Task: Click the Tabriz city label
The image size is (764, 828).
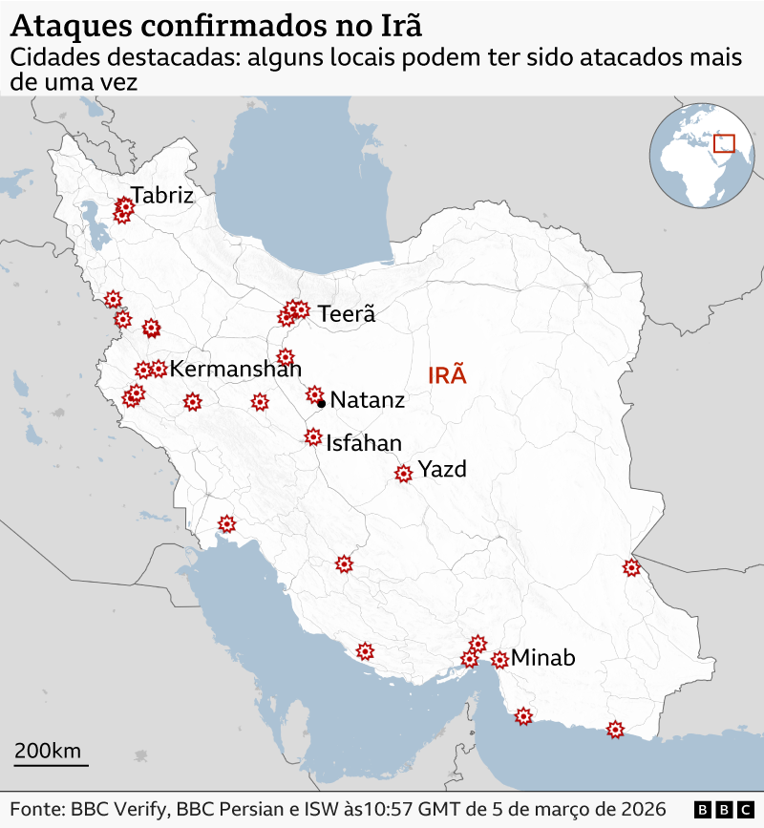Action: (x=162, y=196)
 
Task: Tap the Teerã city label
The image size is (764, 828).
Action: (x=347, y=313)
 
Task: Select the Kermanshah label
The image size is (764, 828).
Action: (x=236, y=369)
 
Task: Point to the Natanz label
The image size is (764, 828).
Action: (x=368, y=400)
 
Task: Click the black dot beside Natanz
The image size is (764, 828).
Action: (x=322, y=403)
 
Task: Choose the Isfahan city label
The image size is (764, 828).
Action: (x=364, y=443)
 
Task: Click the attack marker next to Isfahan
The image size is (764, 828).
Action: (x=312, y=437)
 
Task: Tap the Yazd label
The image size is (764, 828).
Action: (x=442, y=469)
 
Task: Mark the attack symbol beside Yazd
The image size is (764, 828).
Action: (x=404, y=473)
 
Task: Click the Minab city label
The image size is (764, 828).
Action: (x=543, y=657)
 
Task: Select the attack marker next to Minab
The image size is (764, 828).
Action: (x=499, y=659)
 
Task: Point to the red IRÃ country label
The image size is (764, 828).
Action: (x=447, y=374)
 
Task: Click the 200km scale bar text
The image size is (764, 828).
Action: (x=48, y=750)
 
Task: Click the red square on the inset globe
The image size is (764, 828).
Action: (x=725, y=143)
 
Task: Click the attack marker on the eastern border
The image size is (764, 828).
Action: (x=631, y=568)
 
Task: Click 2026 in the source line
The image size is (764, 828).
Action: (x=643, y=808)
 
